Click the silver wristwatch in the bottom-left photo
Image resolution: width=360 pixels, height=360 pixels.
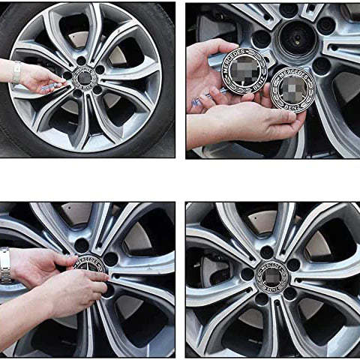tap(6, 265)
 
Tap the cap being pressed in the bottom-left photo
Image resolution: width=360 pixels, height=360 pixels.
tap(89, 269)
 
